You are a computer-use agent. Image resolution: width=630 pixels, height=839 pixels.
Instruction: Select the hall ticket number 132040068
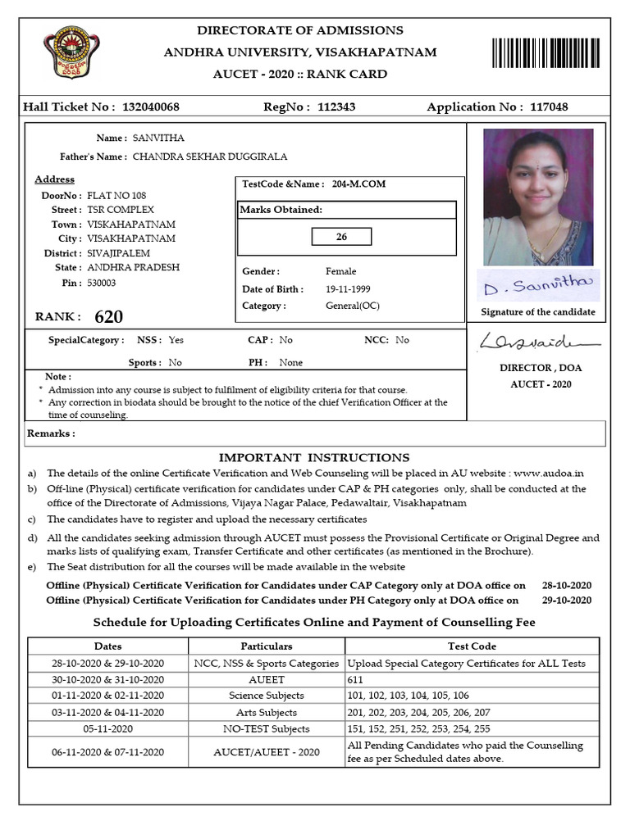(151, 107)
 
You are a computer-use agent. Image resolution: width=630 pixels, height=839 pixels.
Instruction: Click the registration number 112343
(336, 107)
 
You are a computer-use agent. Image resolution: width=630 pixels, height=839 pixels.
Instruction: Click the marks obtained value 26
(342, 237)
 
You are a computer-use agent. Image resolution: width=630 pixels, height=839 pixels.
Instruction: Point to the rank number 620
(109, 317)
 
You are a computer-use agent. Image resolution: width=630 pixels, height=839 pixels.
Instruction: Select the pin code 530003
(102, 283)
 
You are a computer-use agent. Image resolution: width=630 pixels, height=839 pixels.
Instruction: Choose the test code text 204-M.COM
(358, 184)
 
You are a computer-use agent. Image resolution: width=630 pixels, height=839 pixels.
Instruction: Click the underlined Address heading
(54, 179)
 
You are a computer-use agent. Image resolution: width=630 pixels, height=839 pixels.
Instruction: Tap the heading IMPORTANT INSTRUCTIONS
(314, 457)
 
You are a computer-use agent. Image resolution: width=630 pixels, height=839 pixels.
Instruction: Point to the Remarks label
(51, 433)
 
